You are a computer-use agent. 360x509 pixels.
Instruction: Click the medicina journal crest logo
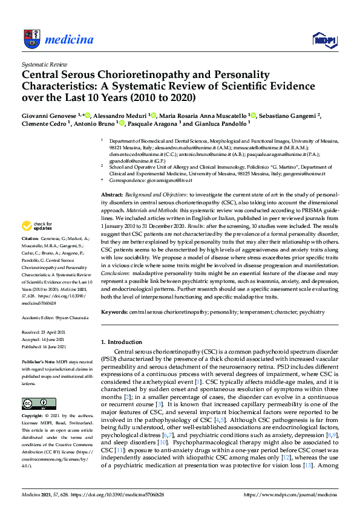pos(30,40)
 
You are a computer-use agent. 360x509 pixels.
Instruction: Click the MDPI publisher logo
pos(323,40)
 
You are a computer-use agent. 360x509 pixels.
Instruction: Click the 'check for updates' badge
pos(34,226)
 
